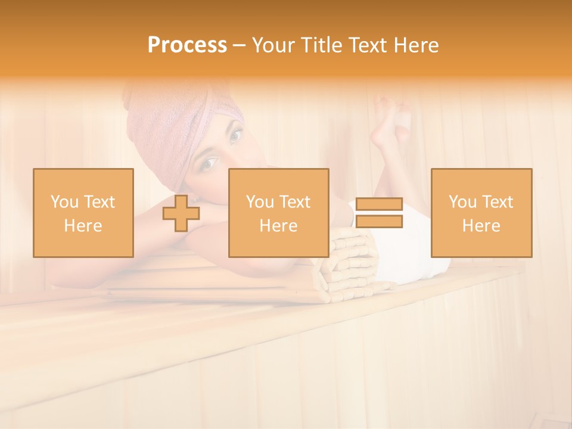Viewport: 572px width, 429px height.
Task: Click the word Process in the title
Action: tap(187, 45)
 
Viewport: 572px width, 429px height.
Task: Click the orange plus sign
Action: tap(181, 213)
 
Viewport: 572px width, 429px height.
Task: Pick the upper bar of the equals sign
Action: tap(380, 204)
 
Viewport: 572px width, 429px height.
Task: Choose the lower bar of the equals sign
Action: tap(380, 222)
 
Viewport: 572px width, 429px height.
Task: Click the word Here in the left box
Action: tap(83, 226)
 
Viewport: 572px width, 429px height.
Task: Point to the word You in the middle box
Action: tap(260, 202)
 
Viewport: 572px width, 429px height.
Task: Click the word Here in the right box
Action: tap(481, 226)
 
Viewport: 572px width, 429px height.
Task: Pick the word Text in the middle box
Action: tap(296, 202)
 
